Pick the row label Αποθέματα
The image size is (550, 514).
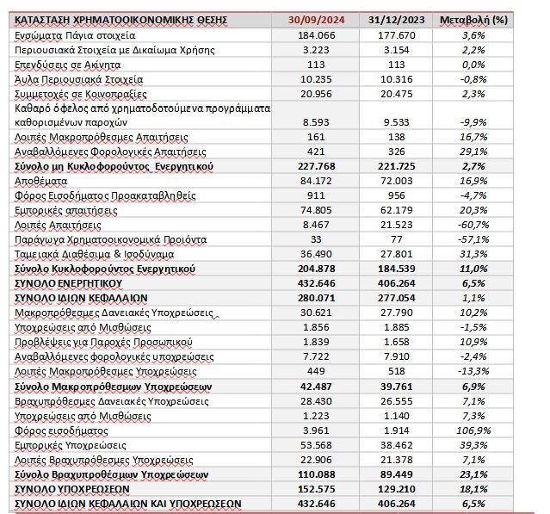(46, 180)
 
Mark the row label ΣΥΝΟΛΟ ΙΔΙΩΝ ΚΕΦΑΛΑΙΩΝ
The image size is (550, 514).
(83, 298)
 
